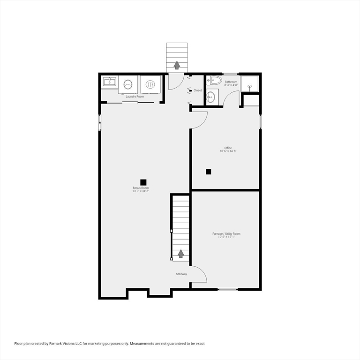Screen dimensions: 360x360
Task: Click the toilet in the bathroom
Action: coord(214,80)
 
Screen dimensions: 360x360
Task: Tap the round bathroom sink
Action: coord(210,97)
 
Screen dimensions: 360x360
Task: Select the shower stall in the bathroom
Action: coord(249,84)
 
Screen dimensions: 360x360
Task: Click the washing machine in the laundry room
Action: coord(128,84)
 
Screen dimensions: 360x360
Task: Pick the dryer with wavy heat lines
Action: coord(150,84)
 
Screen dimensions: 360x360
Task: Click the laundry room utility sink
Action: coord(110,82)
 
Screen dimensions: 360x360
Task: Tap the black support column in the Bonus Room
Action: coord(143,182)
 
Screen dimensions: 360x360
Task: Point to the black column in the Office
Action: coord(209,172)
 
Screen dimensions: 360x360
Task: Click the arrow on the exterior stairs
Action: coord(177,65)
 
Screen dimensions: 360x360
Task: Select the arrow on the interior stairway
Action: coord(181,254)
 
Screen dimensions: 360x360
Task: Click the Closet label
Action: coord(198,90)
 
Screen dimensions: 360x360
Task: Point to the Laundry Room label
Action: coord(135,97)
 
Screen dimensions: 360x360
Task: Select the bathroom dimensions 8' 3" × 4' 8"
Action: coord(231,85)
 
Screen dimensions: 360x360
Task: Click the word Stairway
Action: coord(181,274)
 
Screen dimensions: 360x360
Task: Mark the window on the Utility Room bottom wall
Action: coord(228,289)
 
